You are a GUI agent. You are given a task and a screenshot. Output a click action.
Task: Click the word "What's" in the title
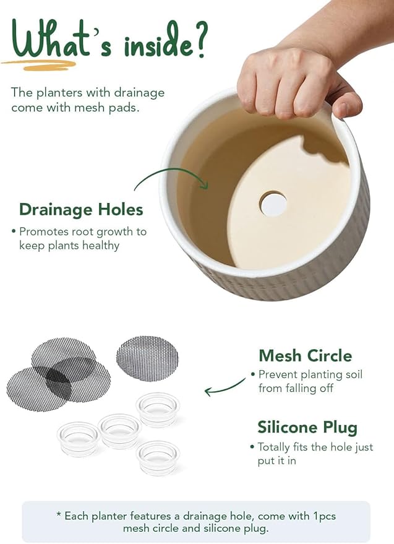pyautogui.click(x=58, y=40)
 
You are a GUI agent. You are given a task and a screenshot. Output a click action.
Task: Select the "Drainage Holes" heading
pyautogui.click(x=81, y=209)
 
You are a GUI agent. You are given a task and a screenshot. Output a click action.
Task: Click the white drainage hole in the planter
pyautogui.click(x=273, y=204)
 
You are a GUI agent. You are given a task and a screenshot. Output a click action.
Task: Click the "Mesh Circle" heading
pyautogui.click(x=305, y=356)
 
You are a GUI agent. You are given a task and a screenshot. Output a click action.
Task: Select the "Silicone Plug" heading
pyautogui.click(x=307, y=428)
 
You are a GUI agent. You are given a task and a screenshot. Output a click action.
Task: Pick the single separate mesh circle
pyautogui.click(x=147, y=358)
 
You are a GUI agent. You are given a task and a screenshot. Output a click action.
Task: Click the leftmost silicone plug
pyautogui.click(x=79, y=438)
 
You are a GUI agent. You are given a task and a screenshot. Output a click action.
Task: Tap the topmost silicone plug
pyautogui.click(x=158, y=409)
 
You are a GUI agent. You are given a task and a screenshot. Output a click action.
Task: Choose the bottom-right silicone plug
pyautogui.click(x=158, y=457)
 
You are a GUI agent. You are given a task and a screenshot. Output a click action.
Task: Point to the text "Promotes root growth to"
pyautogui.click(x=83, y=231)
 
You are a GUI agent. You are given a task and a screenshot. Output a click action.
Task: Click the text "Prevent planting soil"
pyautogui.click(x=310, y=374)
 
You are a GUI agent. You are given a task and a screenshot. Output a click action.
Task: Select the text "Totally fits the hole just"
pyautogui.click(x=315, y=447)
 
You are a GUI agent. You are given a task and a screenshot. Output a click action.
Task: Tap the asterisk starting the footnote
pyautogui.click(x=59, y=516)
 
